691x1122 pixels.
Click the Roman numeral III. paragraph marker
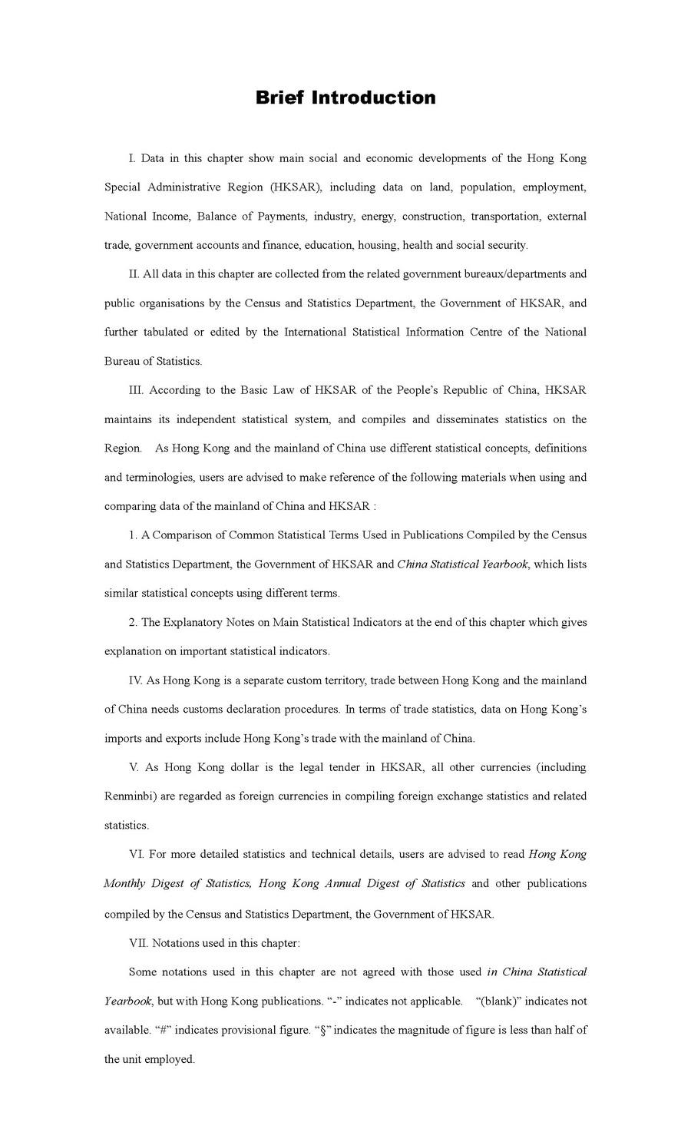tap(136, 390)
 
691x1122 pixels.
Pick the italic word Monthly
tap(124, 884)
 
